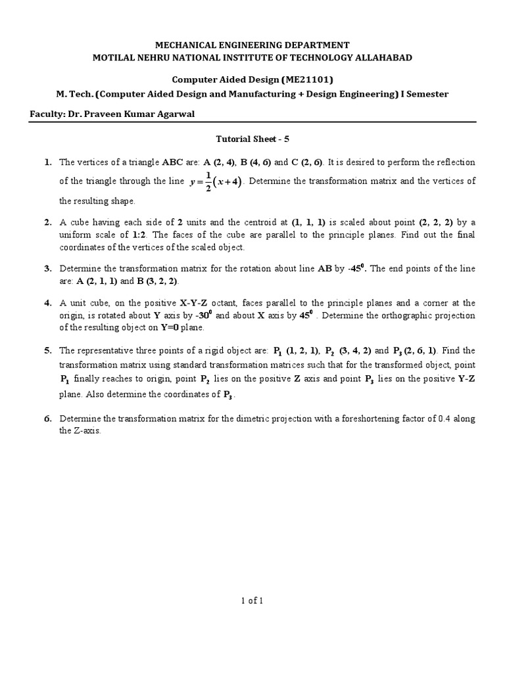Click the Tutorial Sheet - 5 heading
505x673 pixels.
252,140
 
